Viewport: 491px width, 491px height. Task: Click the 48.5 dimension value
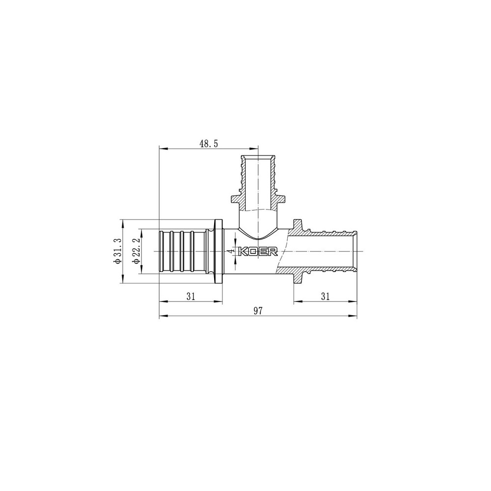(x=209, y=143)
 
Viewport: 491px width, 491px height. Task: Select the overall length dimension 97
(x=258, y=311)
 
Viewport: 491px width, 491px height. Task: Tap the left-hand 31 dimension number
(x=191, y=296)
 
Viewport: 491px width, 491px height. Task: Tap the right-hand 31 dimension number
(x=325, y=296)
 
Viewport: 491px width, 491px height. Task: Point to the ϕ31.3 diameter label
(x=117, y=251)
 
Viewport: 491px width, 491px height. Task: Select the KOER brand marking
(x=258, y=251)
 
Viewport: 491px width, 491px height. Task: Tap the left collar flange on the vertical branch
(x=234, y=200)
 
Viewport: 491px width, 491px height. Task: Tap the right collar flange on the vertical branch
(x=282, y=200)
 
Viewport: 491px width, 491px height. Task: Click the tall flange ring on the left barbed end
(x=218, y=251)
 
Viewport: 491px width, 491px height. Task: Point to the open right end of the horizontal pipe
(x=355, y=251)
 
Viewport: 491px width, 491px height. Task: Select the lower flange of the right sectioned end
(x=299, y=278)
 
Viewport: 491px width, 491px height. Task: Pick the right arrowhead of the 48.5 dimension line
(x=255, y=149)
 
